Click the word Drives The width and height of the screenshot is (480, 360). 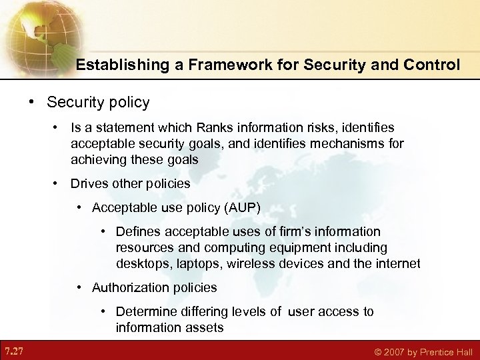click(x=89, y=183)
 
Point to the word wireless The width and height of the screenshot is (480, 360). click(x=252, y=263)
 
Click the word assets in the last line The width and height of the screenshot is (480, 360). click(x=205, y=327)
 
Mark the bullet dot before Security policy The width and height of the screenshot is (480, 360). click(x=31, y=103)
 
